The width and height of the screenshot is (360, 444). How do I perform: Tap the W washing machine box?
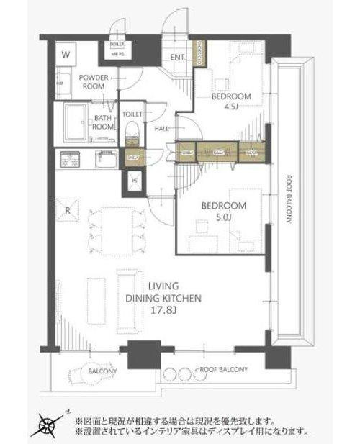pyautogui.click(x=66, y=55)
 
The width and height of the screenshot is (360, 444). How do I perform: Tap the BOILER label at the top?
pyautogui.click(x=117, y=45)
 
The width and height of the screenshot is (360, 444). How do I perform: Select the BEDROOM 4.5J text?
pyautogui.click(x=231, y=101)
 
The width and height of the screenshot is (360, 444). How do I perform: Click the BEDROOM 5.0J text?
pyautogui.click(x=227, y=211)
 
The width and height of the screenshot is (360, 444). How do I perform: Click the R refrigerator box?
pyautogui.click(x=66, y=211)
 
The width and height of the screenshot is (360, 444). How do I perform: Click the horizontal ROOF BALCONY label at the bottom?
pyautogui.click(x=223, y=370)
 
